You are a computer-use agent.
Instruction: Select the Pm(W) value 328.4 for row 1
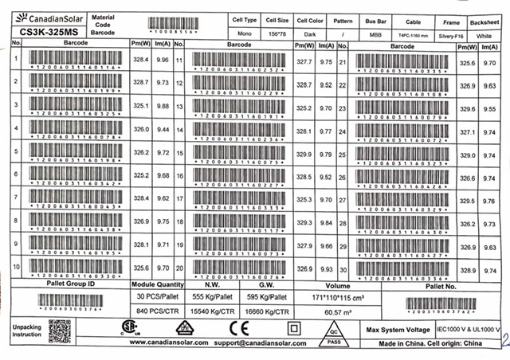[141, 60]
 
